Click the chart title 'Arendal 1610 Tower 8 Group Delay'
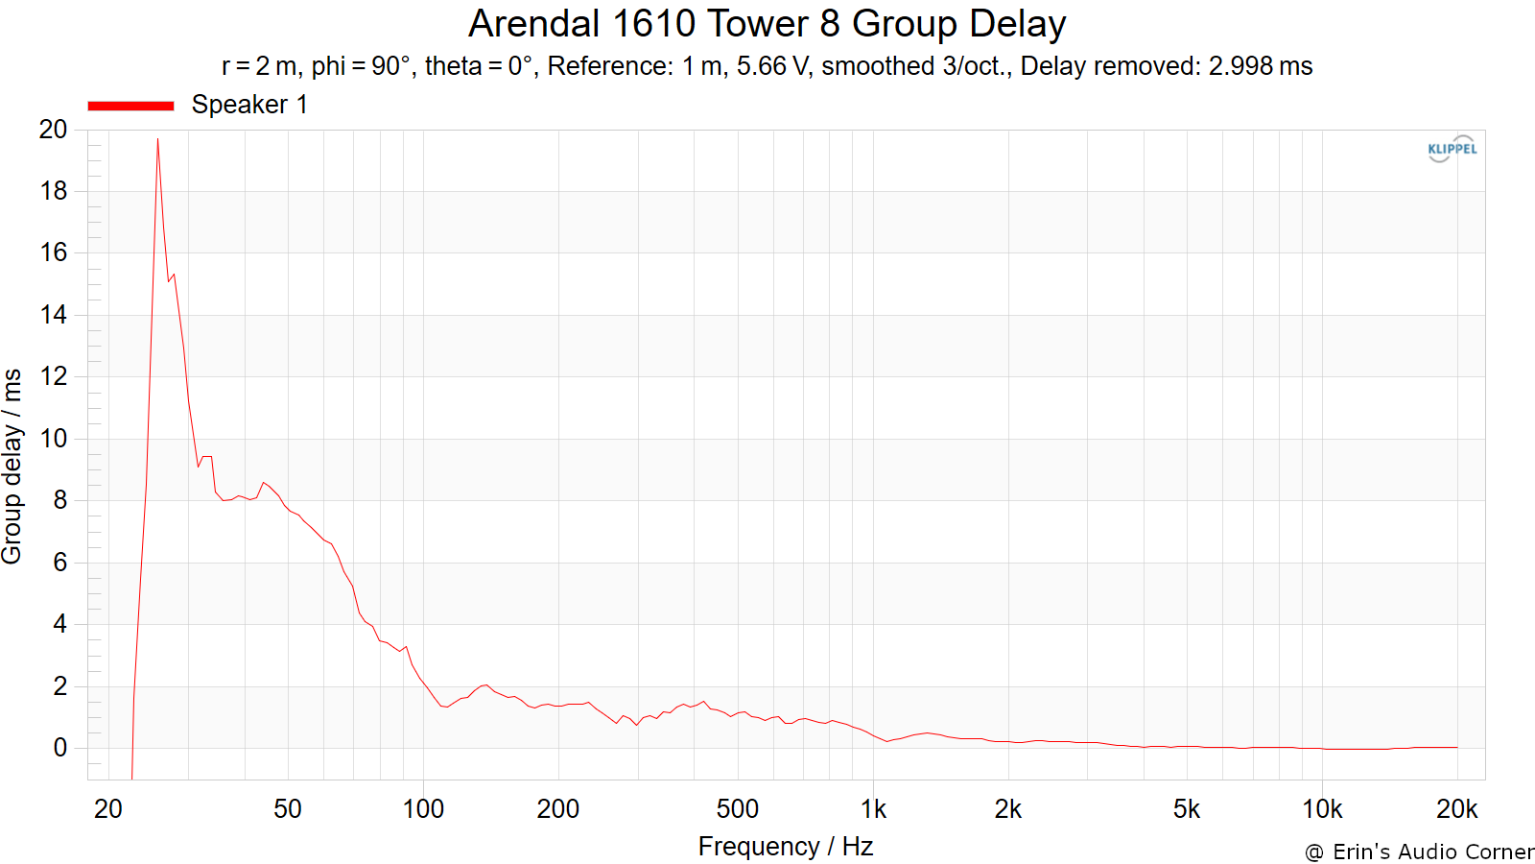point(767,24)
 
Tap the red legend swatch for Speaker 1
point(130,106)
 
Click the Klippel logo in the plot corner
point(1452,149)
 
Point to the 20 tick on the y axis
point(54,129)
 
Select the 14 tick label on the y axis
point(54,315)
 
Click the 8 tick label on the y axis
point(60,500)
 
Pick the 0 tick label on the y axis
point(60,748)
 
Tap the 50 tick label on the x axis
point(288,809)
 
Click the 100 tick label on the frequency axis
point(423,809)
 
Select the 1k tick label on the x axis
point(873,809)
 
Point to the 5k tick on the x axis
point(1187,809)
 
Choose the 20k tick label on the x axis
point(1457,809)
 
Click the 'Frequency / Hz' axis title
point(786,847)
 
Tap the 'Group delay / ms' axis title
point(12,467)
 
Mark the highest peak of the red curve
point(157,138)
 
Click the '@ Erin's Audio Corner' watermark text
point(1419,852)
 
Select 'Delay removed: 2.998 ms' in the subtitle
point(1167,66)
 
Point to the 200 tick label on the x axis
point(557,809)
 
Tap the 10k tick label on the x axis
point(1322,809)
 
